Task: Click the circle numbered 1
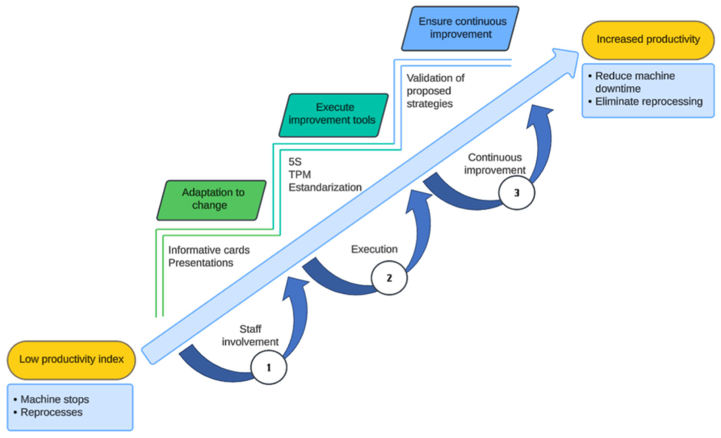tap(268, 367)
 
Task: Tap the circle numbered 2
tap(389, 278)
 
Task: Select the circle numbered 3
tap(516, 193)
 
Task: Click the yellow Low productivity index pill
tap(71, 359)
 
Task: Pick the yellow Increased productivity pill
tap(648, 39)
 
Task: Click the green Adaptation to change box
tap(211, 199)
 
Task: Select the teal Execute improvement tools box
tap(333, 114)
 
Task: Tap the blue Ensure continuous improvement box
tap(461, 28)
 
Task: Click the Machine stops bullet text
tap(55, 399)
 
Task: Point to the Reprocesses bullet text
tap(51, 412)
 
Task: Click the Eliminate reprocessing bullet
tap(648, 102)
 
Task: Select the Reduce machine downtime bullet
tap(634, 82)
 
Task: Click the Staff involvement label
tap(250, 336)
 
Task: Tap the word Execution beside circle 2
tap(374, 249)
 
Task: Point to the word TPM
tap(300, 175)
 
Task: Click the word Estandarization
tap(325, 187)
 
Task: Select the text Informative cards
tap(208, 250)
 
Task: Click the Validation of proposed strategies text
tap(435, 91)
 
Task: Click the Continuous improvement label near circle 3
tap(495, 164)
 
